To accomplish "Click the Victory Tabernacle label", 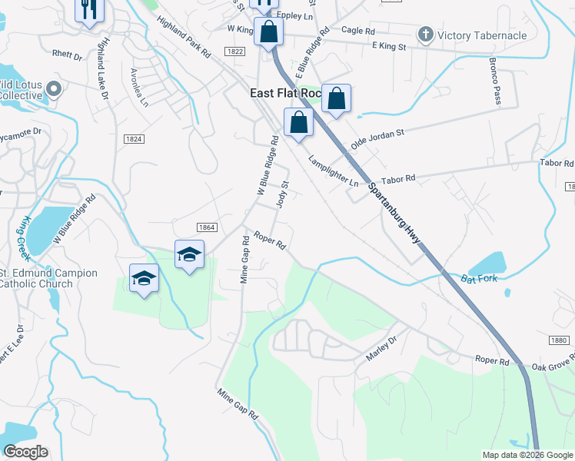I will (x=482, y=35).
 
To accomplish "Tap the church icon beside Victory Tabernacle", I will (x=425, y=35).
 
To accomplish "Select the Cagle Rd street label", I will (x=357, y=31).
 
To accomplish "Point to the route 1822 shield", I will (x=235, y=51).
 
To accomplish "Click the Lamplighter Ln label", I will (x=334, y=171).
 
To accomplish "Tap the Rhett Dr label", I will (x=67, y=56).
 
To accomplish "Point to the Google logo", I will (x=25, y=451).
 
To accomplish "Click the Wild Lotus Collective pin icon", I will (x=54, y=90).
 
